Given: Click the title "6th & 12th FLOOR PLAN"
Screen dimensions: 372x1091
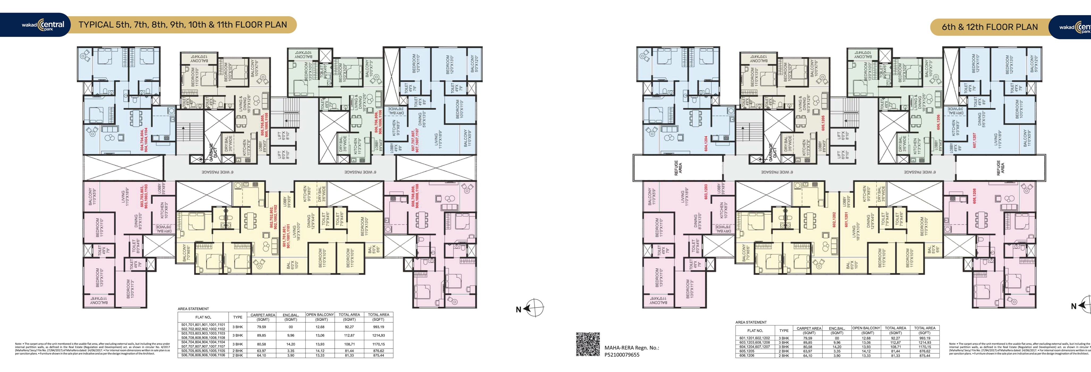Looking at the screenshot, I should tap(989, 27).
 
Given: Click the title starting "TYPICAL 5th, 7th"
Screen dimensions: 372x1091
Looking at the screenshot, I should tap(183, 24).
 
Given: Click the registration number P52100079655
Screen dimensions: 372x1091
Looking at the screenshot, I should tap(622, 355).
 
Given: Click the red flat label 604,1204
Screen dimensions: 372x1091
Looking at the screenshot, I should tap(706, 143).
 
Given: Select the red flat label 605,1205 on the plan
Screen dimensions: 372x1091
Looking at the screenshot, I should tap(823, 123).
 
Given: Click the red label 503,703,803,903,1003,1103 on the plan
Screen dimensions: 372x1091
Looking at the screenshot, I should tap(144, 196).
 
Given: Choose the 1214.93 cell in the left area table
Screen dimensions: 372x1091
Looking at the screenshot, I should tap(378, 335).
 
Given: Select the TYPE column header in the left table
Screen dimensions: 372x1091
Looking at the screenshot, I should tap(238, 317).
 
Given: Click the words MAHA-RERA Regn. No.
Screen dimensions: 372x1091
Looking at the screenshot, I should tap(631, 348).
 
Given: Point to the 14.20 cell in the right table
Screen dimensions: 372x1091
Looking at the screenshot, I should tap(837, 346).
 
